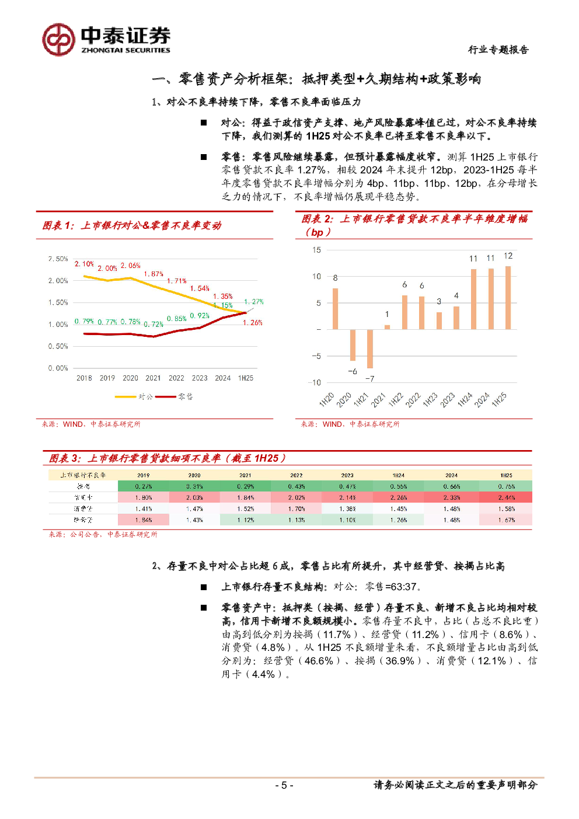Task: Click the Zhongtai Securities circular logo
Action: pyautogui.click(x=59, y=40)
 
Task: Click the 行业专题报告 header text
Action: pyautogui.click(x=498, y=50)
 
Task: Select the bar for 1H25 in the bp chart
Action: pyautogui.click(x=508, y=298)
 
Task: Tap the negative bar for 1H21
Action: pyautogui.click(x=369, y=348)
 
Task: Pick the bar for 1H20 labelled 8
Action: pyautogui.click(x=335, y=309)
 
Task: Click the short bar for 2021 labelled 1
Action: pyautogui.click(x=387, y=327)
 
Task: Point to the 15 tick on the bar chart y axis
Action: pyautogui.click(x=316, y=250)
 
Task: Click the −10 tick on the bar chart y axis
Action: pyautogui.click(x=315, y=382)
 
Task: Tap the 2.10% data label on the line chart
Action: pyautogui.click(x=84, y=264)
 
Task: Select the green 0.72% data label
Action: pyautogui.click(x=154, y=324)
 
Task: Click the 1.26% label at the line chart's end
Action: pyautogui.click(x=253, y=323)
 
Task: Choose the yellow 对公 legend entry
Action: pyautogui.click(x=134, y=396)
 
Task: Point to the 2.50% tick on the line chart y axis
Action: pyautogui.click(x=58, y=259)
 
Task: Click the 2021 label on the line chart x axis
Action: pyautogui.click(x=153, y=378)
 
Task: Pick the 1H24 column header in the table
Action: pyautogui.click(x=399, y=475)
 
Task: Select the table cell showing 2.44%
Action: pyautogui.click(x=506, y=497)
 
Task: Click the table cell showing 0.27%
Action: pyautogui.click(x=144, y=486)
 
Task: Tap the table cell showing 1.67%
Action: pyautogui.click(x=506, y=520)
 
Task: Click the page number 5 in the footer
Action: pyautogui.click(x=284, y=785)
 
